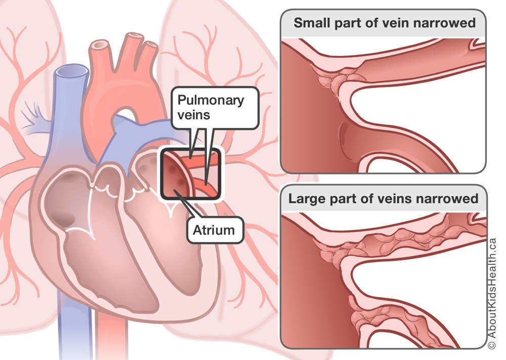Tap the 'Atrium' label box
click(214, 231)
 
